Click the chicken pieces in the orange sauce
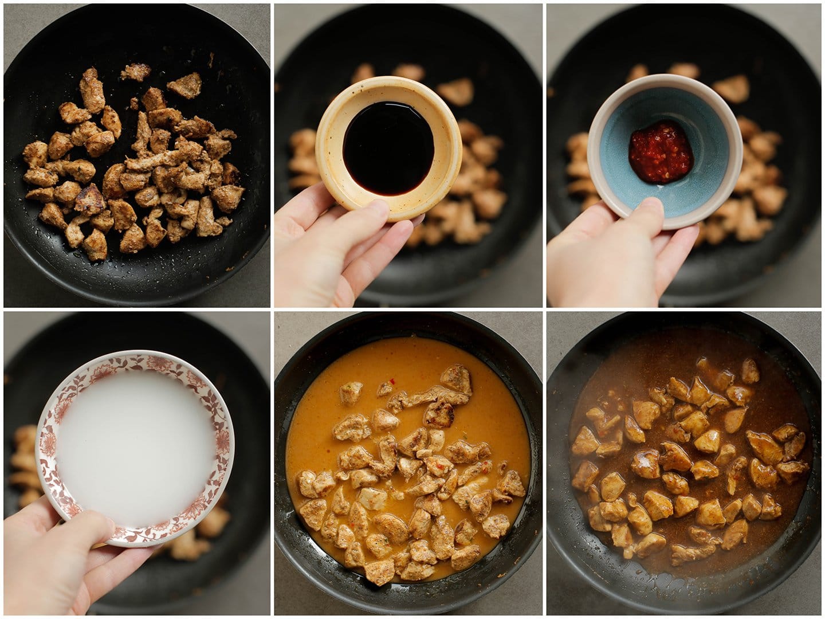coord(412,476)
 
